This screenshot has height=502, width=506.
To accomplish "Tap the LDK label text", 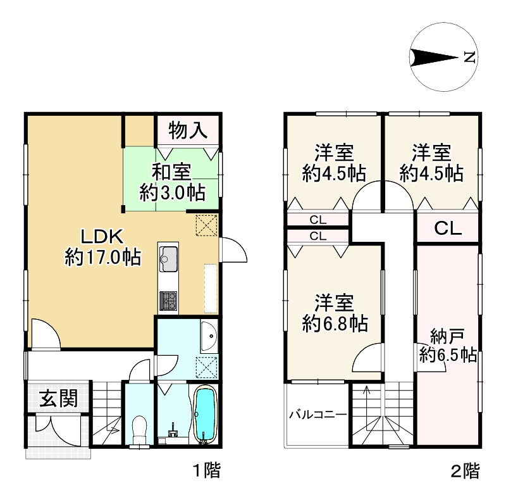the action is pyautogui.click(x=102, y=236).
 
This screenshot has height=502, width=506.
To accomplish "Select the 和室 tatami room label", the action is pyautogui.click(x=171, y=172).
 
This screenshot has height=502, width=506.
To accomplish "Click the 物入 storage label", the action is pyautogui.click(x=187, y=130).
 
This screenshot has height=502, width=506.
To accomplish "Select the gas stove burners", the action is pyautogui.click(x=168, y=301).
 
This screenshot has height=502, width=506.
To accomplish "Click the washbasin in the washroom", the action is pyautogui.click(x=209, y=336).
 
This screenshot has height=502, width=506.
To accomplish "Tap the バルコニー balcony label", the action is pyautogui.click(x=318, y=415).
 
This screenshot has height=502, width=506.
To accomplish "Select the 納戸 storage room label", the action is pyautogui.click(x=448, y=337).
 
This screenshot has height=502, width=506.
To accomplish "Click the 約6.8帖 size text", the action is pyautogui.click(x=335, y=323).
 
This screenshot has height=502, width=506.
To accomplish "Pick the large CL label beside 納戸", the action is pyautogui.click(x=448, y=229).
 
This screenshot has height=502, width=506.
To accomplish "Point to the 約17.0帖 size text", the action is pyautogui.click(x=103, y=258).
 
